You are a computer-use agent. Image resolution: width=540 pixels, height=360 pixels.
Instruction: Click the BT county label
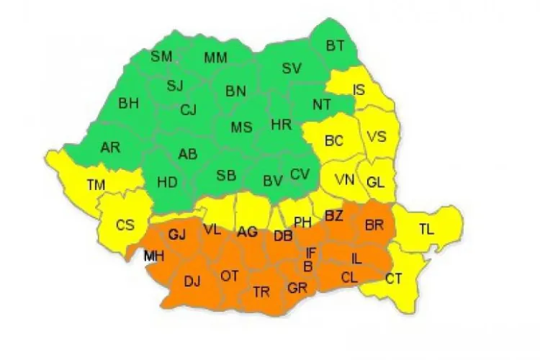pyautogui.click(x=336, y=45)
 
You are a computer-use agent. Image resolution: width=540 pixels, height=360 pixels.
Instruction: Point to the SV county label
pyautogui.click(x=292, y=68)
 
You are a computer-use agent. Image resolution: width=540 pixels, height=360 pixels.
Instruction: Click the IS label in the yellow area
pyautogui.click(x=359, y=89)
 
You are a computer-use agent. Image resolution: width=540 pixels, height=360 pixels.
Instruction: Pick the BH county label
pyautogui.click(x=129, y=104)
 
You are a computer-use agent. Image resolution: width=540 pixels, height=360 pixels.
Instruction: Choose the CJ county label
pyautogui.click(x=188, y=110)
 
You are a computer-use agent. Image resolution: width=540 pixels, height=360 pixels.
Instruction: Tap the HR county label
pyautogui.click(x=281, y=125)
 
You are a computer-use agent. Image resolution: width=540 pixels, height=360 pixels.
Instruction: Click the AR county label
pyautogui.click(x=110, y=148)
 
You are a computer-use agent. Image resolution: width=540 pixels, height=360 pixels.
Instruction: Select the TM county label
pyautogui.click(x=96, y=185)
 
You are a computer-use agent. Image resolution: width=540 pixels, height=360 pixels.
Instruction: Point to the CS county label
pyautogui.click(x=125, y=225)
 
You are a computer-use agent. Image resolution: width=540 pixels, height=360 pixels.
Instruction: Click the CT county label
pyautogui.click(x=394, y=278)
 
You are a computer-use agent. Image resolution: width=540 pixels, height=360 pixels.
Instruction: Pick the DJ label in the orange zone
pyautogui.click(x=192, y=282)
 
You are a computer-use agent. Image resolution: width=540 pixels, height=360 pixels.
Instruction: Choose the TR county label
pyautogui.click(x=261, y=292)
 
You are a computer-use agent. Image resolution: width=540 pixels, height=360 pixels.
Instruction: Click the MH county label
pyautogui.click(x=153, y=256)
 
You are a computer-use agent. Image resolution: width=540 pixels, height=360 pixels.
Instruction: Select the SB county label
pyautogui.click(x=226, y=176)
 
